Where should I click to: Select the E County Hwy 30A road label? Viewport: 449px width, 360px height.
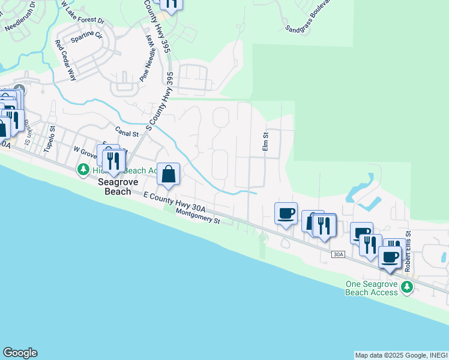coord(174,202)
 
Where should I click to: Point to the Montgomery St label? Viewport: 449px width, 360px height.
coord(199,216)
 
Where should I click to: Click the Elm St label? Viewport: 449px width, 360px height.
coord(264,142)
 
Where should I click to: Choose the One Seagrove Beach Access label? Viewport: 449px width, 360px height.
coord(372,288)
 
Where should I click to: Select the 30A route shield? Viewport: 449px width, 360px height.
coord(338,255)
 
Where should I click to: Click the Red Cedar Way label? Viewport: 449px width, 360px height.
coord(65,60)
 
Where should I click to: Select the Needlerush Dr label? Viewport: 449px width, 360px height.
coord(20,21)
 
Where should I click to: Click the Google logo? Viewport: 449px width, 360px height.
coord(20,353)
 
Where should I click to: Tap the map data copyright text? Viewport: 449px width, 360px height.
coord(401,355)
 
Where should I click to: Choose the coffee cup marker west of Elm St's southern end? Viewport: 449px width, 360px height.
coord(286,212)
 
